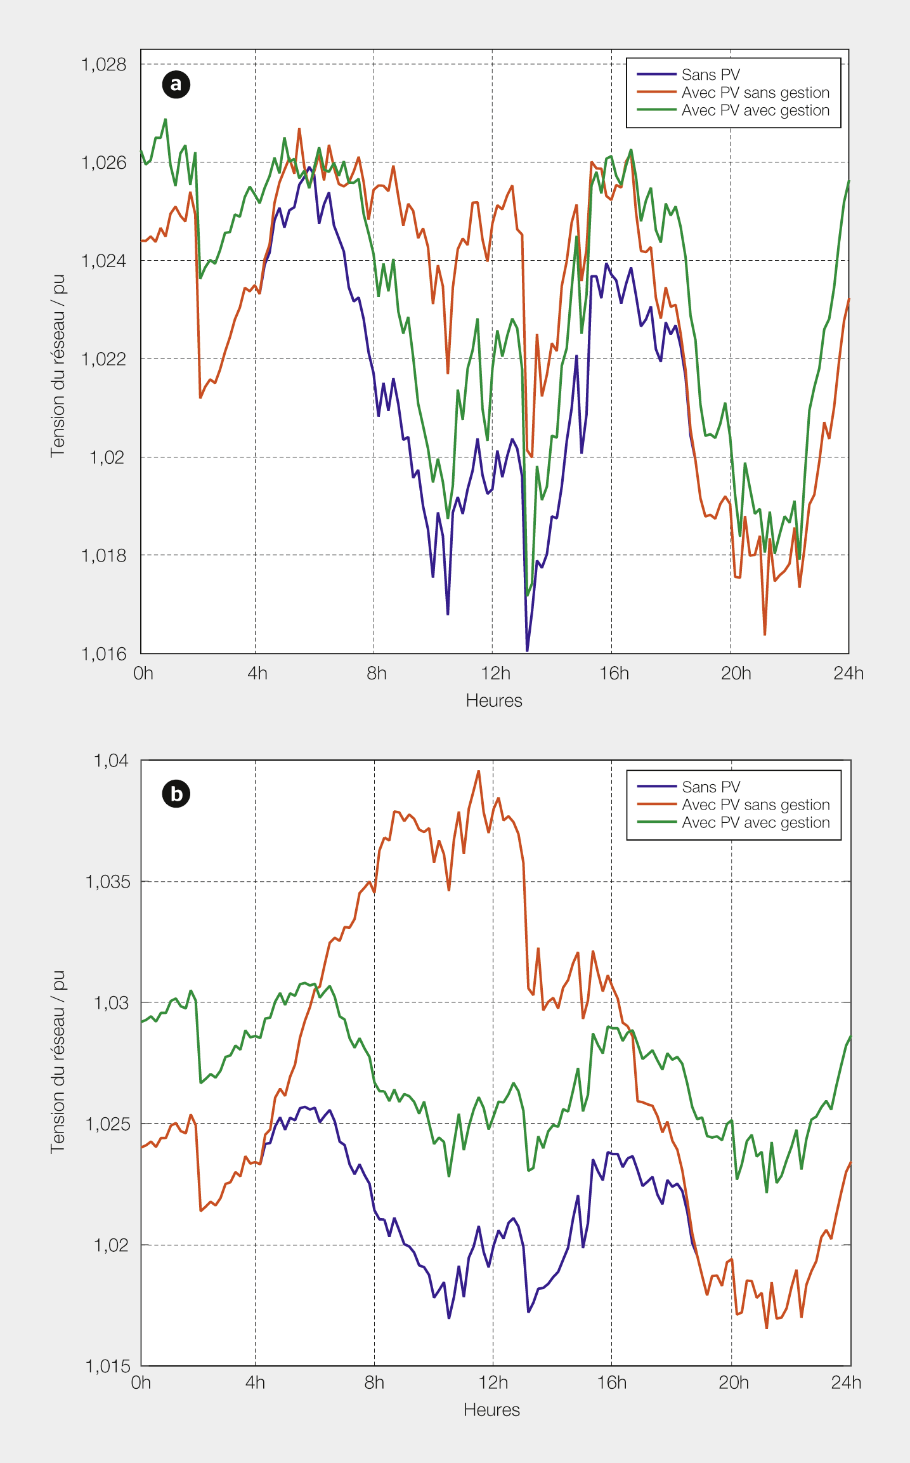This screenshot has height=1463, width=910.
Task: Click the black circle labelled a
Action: pos(176,84)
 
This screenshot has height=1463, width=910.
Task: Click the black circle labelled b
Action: pos(176,794)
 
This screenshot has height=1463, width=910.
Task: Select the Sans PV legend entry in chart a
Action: pos(710,75)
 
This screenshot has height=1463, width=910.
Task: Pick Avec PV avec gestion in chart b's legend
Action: pos(755,823)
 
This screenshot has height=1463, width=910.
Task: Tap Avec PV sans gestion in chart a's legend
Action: pos(755,93)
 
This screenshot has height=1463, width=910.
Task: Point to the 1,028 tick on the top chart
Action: pos(104,64)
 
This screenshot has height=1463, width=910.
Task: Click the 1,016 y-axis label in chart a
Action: pos(104,653)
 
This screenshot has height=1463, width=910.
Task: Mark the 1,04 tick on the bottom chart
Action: pos(111,760)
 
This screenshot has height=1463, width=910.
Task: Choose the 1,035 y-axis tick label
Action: pos(108,881)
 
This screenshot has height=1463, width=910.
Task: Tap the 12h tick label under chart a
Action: pos(495,673)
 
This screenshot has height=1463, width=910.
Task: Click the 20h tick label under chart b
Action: pos(734,1382)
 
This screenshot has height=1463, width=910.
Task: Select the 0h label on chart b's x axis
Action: pos(141,1382)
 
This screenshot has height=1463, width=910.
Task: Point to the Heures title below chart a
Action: pos(494,700)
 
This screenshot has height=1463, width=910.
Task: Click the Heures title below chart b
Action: pos(491,1410)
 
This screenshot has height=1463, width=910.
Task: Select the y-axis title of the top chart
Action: pos(58,365)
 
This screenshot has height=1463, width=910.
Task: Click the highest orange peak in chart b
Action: pos(479,771)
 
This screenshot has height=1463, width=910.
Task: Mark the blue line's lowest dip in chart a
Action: pos(527,650)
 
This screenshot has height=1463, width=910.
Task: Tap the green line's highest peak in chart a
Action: pos(166,119)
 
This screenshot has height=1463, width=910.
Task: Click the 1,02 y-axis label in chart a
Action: pos(107,457)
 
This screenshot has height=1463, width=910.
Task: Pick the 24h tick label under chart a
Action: pos(848,673)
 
